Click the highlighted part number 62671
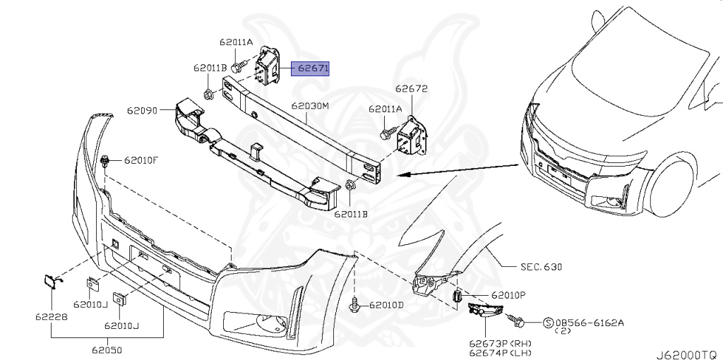[x=313, y=68]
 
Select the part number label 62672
[x=411, y=90]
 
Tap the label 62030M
[x=311, y=107]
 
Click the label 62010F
[x=141, y=160]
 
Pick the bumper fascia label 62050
[x=107, y=349]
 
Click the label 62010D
[x=387, y=305]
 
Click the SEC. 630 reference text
[x=542, y=268]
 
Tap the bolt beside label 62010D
[x=354, y=305]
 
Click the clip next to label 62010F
[x=104, y=160]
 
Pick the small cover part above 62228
[x=51, y=283]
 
